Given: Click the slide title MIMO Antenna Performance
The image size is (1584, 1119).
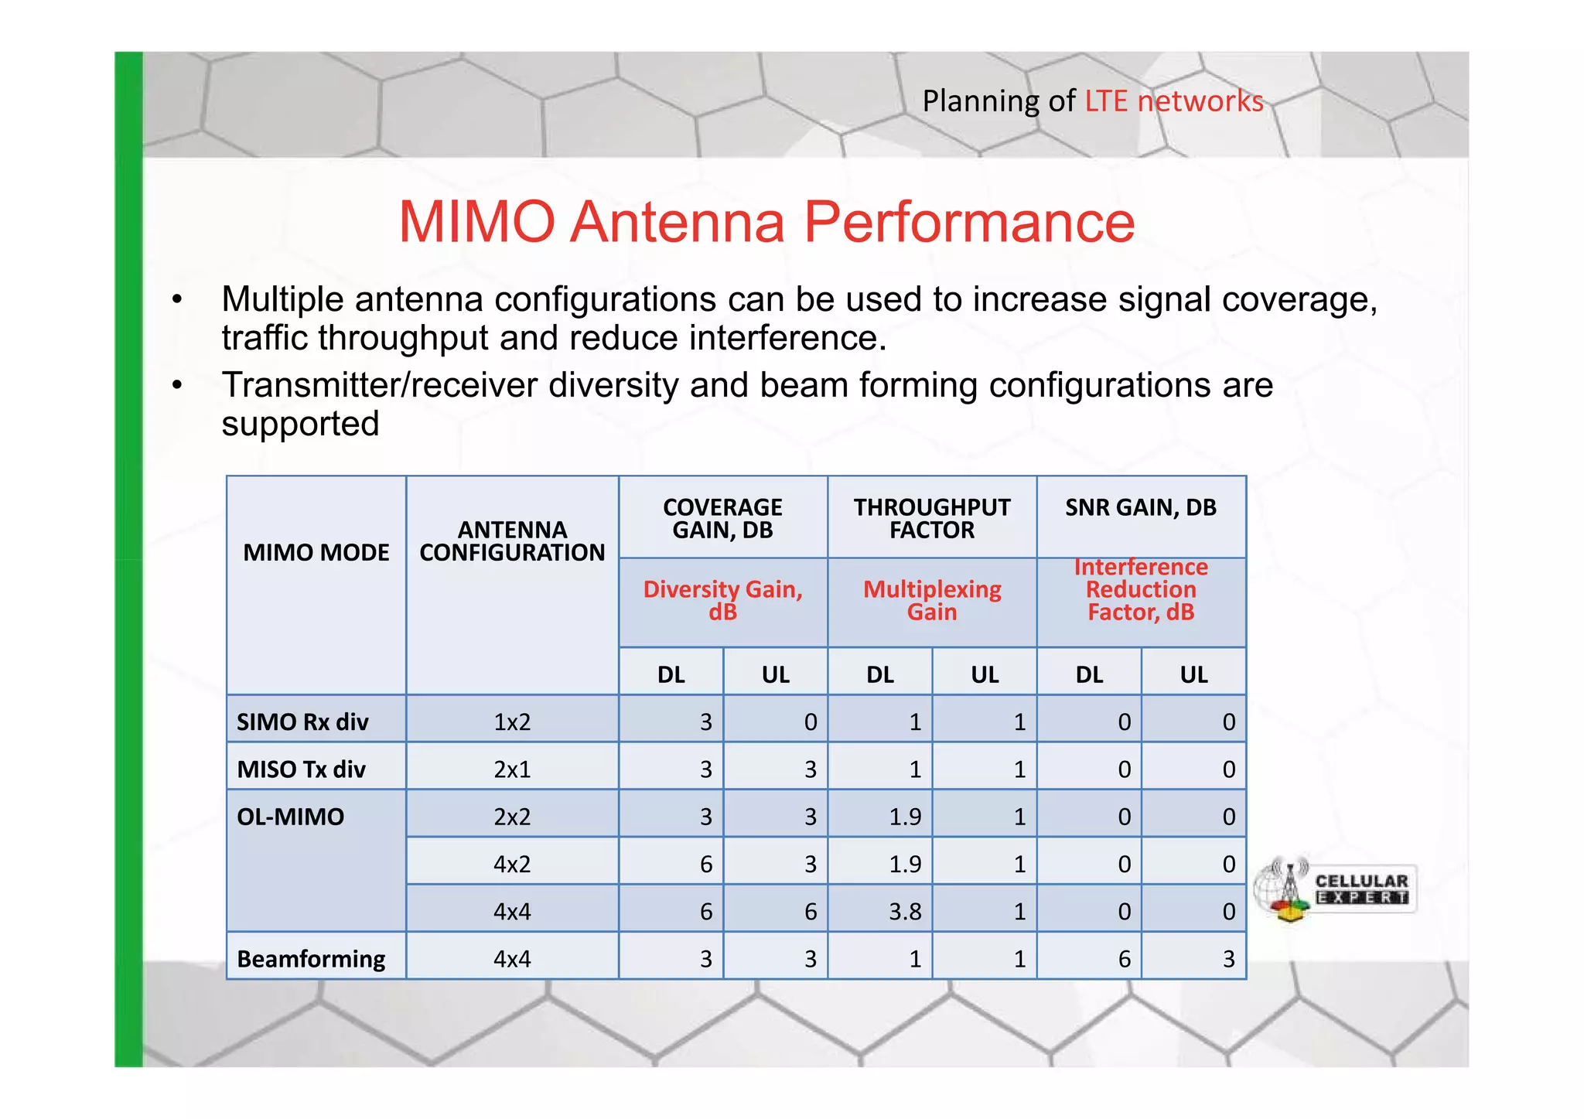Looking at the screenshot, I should click(766, 222).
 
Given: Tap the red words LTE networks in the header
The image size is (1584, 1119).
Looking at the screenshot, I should click(1173, 101).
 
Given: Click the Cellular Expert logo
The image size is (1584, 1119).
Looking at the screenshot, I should click(1336, 890).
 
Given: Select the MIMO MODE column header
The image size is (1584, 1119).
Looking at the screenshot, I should click(316, 552).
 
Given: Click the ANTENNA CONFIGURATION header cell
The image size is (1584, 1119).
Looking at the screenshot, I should click(512, 541).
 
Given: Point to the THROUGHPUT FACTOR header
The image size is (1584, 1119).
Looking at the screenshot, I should click(931, 518).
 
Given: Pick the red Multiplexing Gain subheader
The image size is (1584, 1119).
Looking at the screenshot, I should click(931, 601).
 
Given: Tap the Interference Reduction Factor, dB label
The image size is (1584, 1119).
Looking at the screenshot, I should click(1140, 590).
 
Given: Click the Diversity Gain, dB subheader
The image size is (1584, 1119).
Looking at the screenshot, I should click(722, 601).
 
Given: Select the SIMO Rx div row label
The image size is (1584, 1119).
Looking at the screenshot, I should click(302, 722).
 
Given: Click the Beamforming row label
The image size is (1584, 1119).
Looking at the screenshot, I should click(311, 959).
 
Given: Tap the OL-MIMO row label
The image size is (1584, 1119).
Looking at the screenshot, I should click(290, 817).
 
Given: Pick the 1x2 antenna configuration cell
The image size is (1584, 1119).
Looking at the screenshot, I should click(512, 722).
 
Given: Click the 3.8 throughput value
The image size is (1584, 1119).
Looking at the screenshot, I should click(904, 912).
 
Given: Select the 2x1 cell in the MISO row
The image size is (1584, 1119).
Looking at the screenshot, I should click(512, 769).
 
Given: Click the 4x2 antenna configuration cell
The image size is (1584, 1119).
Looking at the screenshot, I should click(512, 864).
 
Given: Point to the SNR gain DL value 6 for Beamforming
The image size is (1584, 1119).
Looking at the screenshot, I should click(1124, 959).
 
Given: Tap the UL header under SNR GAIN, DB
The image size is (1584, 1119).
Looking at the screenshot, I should click(1193, 674).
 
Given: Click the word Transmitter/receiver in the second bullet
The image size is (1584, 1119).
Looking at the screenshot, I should click(379, 385).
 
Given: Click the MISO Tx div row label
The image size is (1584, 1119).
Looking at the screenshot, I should click(301, 769).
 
